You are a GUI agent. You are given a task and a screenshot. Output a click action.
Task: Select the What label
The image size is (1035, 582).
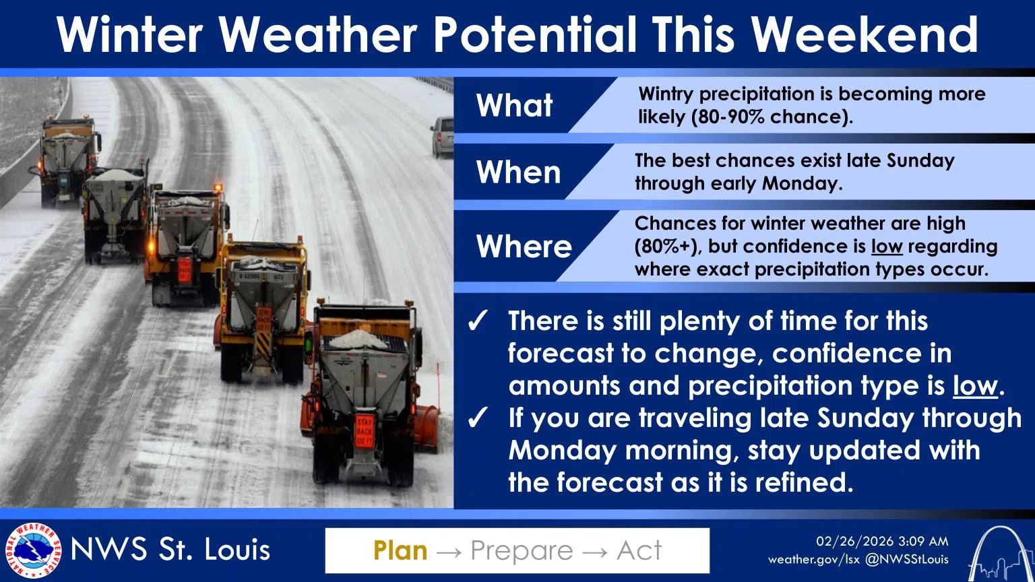point(515,106)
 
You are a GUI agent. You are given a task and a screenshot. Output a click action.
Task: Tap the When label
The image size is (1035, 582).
point(518,172)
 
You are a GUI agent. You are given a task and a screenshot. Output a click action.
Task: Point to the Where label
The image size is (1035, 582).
point(524,247)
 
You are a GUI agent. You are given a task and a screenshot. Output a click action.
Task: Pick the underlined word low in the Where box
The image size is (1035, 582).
point(886,247)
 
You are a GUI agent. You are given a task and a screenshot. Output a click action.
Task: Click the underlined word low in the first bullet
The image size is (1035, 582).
point(974,386)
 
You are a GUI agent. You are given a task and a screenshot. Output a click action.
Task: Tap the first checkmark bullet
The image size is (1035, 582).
point(478,322)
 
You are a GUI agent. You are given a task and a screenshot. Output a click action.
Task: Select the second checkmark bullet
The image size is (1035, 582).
point(478,419)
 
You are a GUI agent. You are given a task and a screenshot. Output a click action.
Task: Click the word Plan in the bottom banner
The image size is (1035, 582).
point(400,550)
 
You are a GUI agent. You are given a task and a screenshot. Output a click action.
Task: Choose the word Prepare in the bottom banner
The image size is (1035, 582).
point(522,550)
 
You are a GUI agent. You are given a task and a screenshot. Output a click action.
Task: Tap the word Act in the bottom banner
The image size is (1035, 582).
point(639,550)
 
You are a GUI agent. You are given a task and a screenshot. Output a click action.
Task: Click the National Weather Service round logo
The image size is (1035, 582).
point(32,550)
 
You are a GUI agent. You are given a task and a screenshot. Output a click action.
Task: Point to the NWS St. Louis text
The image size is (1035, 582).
point(170,550)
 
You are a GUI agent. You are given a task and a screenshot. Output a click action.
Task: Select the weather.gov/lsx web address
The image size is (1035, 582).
point(813,559)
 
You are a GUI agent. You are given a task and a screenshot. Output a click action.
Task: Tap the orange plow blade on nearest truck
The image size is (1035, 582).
point(426,426)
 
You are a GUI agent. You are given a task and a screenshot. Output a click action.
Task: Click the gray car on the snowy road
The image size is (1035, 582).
point(442,136)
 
